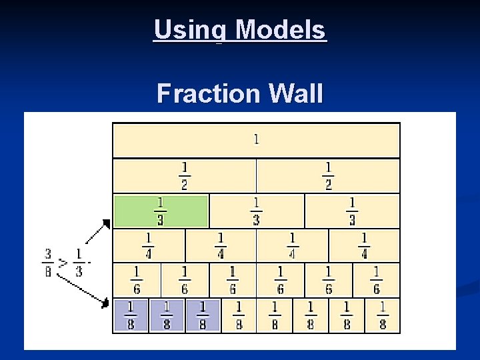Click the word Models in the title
280,30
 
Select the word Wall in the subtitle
294,93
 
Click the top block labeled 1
256,140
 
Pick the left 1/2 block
185,176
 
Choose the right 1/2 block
328,176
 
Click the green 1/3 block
161,211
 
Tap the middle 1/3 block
256,211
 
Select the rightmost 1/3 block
352,211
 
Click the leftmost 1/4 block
149,246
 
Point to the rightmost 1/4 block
364,246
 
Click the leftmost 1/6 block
137,280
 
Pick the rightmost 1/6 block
376,280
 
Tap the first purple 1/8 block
130,315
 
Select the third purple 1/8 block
202,315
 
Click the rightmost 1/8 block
383,315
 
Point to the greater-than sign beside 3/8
63,263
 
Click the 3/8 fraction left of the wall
48,263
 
